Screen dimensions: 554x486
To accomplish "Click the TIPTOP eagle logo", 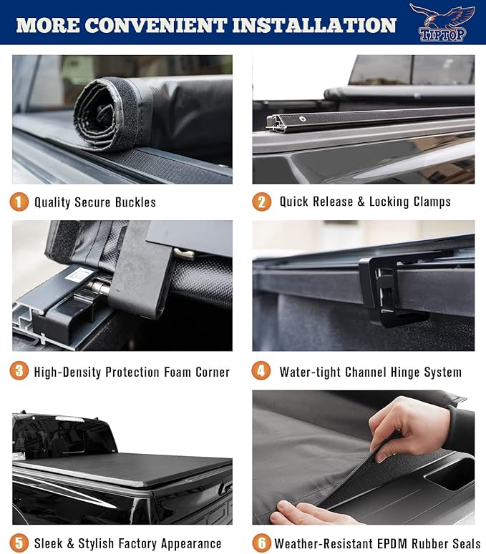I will point(442,22).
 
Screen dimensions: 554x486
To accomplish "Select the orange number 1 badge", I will point(19,202).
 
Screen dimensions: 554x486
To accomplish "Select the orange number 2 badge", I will point(262,202).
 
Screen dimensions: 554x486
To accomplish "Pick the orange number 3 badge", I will point(19,372).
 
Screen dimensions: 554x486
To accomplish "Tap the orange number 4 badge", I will point(262,372).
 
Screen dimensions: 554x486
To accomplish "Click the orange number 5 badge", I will point(19,543).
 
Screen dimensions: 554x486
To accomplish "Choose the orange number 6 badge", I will point(262,543).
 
